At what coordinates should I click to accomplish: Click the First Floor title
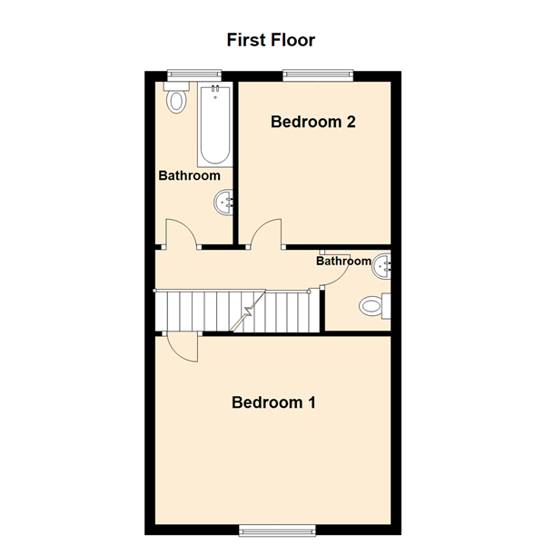point(271,40)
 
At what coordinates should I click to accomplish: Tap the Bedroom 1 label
point(273,402)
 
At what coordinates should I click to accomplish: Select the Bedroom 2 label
point(312,122)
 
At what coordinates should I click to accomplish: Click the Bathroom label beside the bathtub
point(190,175)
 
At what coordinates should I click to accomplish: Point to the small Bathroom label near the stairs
point(343,261)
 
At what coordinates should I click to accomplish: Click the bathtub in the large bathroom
point(215,124)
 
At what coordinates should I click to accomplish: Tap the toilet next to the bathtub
point(176,98)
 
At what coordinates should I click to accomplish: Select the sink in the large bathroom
point(223,203)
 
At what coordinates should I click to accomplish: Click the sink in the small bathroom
point(381,266)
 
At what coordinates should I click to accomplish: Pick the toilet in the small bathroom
point(375,306)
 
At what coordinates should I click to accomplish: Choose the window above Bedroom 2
point(318,75)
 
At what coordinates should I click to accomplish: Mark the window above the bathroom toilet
point(194,75)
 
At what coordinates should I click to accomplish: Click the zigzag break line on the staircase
point(247,311)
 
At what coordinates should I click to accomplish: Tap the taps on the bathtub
point(215,88)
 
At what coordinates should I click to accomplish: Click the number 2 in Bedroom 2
point(351,122)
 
